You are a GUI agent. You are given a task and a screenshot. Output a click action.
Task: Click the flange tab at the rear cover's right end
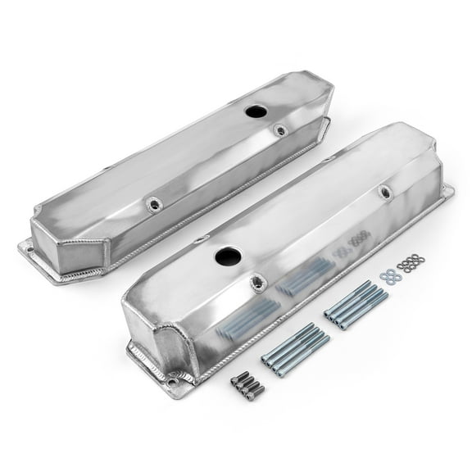326,125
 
